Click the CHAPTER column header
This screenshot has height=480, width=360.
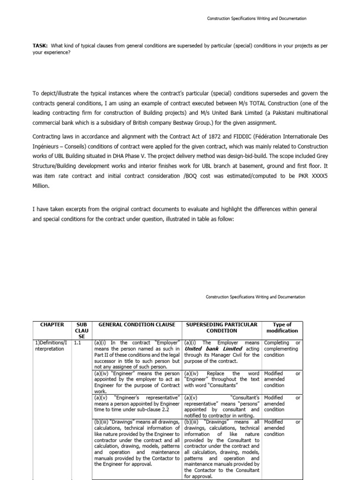(x=52, y=324)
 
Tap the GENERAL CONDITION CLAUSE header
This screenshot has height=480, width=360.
(x=135, y=324)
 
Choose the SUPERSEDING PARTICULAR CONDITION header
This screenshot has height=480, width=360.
(x=222, y=327)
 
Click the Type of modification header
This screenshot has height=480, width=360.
(x=282, y=327)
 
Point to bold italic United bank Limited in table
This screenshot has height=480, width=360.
(x=213, y=349)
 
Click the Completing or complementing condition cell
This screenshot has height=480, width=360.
(x=281, y=349)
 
